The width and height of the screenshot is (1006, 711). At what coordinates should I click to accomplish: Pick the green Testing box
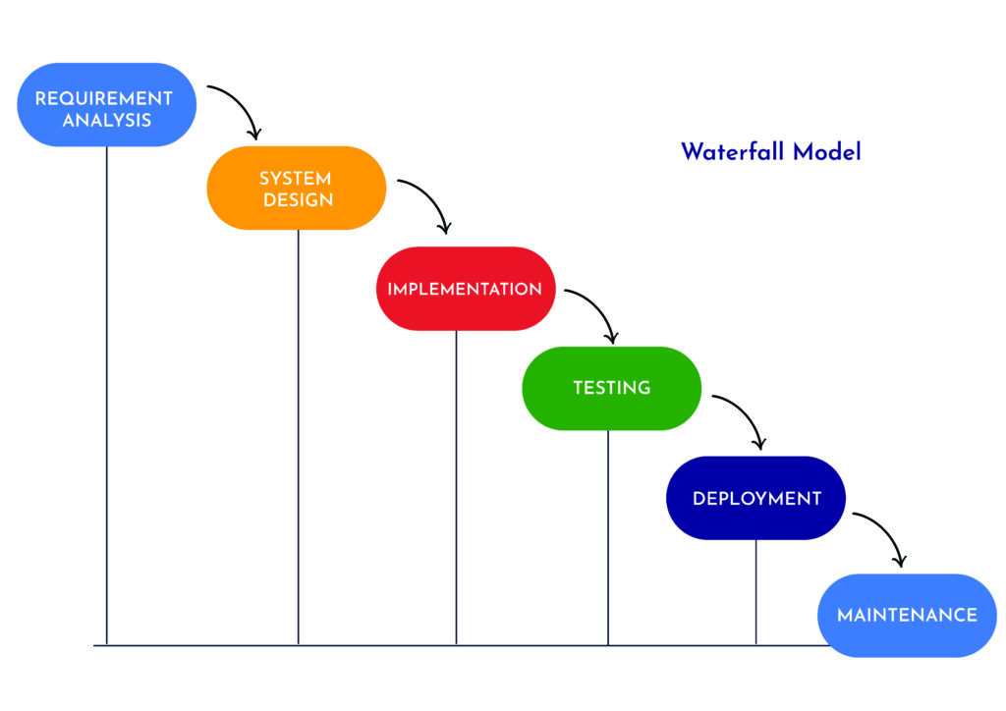pyautogui.click(x=611, y=388)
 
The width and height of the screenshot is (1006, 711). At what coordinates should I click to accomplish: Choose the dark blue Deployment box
pyautogui.click(x=755, y=498)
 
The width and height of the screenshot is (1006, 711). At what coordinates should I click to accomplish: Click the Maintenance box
pyautogui.click(x=907, y=616)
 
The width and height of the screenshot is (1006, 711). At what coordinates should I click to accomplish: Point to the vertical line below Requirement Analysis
pyautogui.click(x=106, y=393)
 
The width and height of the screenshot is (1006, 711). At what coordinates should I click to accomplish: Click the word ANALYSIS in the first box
pyautogui.click(x=106, y=121)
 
